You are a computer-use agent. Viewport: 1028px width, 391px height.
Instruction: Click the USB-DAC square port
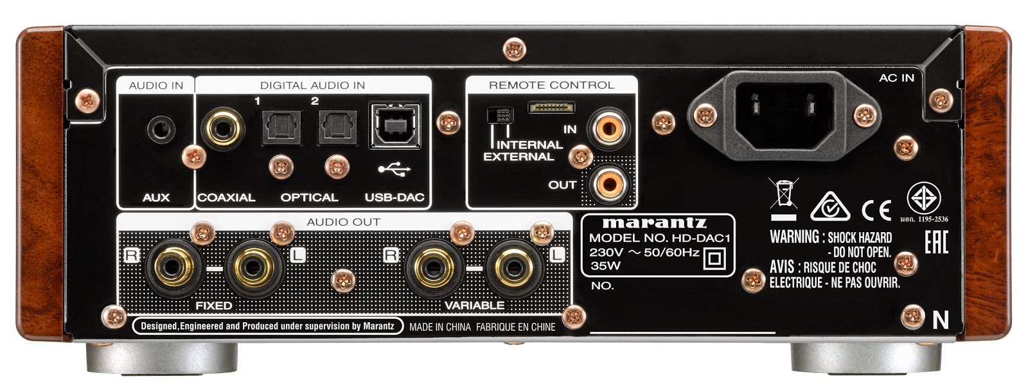click(x=394, y=125)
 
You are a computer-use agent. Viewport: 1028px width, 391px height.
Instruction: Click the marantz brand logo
click(x=653, y=223)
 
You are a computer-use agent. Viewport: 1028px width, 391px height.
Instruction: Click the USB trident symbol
click(x=394, y=170)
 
